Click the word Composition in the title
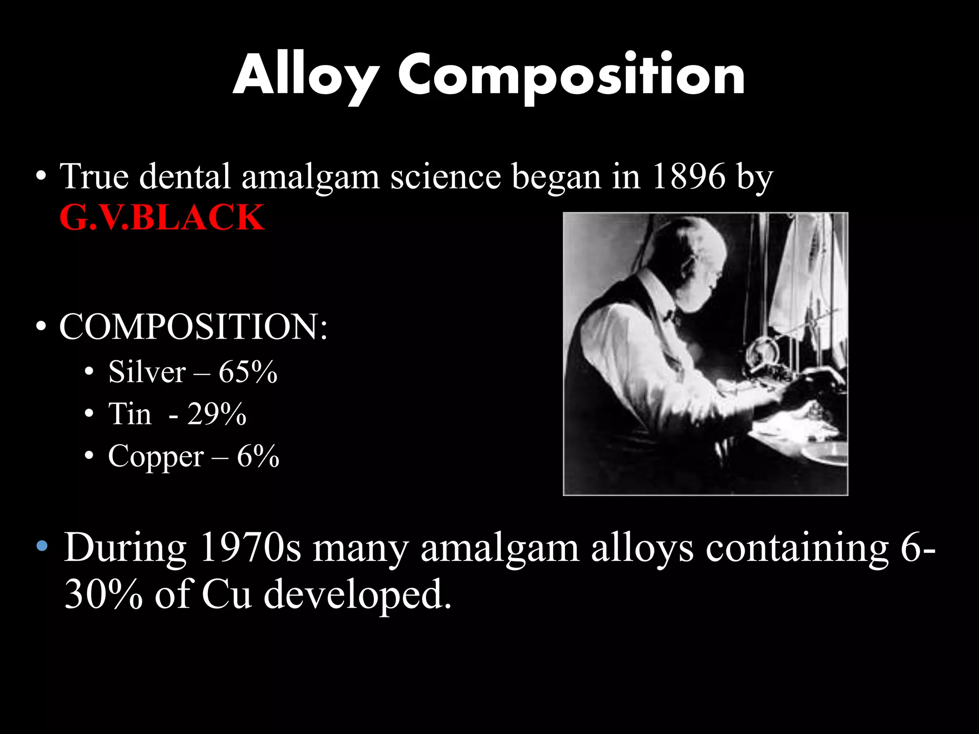(571, 76)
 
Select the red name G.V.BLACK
(162, 217)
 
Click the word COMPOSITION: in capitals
(193, 327)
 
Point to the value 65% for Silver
(248, 372)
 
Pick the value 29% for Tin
(217, 414)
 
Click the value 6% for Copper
(258, 456)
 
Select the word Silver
(147, 372)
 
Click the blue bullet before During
(42, 546)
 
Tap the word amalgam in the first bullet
(310, 176)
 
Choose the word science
(446, 176)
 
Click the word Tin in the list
(130, 414)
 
